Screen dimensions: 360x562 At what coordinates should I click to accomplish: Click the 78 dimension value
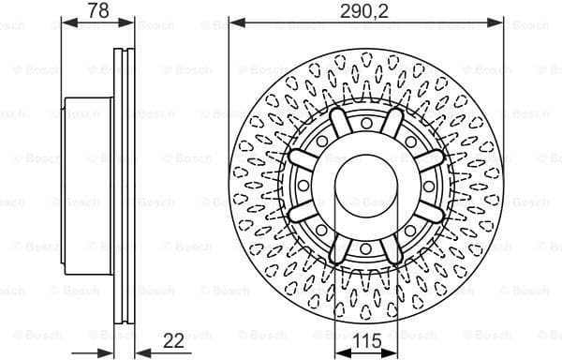[97, 10]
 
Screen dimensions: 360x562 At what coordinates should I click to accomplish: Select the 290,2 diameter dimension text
[365, 10]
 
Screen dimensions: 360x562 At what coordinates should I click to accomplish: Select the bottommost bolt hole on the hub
[365, 247]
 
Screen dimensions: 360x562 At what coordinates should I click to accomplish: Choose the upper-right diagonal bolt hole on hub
[410, 139]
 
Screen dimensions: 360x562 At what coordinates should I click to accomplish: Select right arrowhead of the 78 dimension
[129, 22]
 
